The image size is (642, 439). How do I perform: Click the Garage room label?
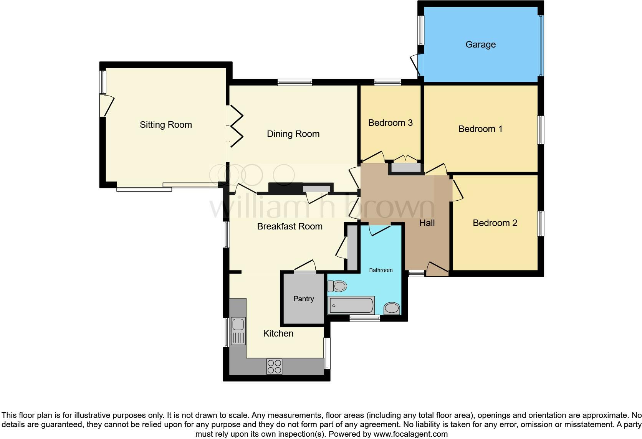(x=480, y=45)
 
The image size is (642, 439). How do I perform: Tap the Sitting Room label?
(x=165, y=125)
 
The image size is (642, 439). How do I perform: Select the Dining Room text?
(x=293, y=134)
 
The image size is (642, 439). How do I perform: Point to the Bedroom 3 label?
(x=390, y=123)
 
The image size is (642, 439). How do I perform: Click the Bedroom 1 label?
(x=480, y=129)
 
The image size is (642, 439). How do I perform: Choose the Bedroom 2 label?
(x=495, y=223)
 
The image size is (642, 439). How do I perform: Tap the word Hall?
(x=427, y=223)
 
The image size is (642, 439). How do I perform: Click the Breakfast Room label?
(x=290, y=226)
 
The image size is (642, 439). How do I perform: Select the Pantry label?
(x=303, y=299)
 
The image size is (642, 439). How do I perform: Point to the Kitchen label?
(x=278, y=333)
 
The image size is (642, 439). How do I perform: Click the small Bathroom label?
(x=381, y=270)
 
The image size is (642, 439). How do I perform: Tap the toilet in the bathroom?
(x=337, y=286)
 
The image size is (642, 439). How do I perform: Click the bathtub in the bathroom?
(x=351, y=305)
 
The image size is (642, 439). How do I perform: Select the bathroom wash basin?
(x=392, y=308)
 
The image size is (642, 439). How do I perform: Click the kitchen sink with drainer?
(x=238, y=331)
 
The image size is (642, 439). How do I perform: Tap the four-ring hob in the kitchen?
(x=274, y=366)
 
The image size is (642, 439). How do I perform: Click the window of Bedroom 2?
(x=540, y=223)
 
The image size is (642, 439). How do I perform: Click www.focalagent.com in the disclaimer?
(x=410, y=434)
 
